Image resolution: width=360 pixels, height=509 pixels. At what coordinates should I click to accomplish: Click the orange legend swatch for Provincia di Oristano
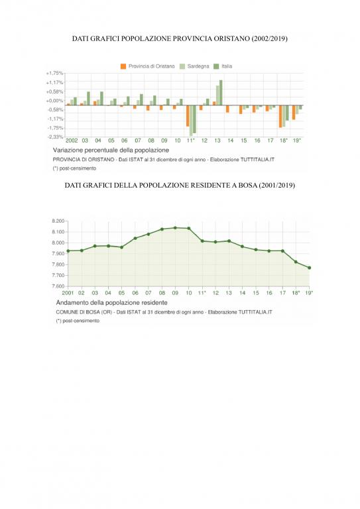[x=123, y=66]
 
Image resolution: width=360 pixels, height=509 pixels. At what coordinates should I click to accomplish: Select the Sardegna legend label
[x=198, y=66]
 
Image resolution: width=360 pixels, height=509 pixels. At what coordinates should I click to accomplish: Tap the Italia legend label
[x=227, y=66]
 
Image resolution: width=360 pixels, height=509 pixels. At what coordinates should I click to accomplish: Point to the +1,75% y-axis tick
[x=54, y=73]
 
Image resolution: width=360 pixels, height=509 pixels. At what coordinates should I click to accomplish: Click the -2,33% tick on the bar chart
[x=55, y=137]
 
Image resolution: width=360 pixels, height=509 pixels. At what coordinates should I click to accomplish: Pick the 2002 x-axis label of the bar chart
[x=72, y=141]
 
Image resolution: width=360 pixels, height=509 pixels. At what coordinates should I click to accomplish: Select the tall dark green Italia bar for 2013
[x=221, y=93]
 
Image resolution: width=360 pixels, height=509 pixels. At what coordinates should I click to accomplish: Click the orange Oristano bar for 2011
[x=188, y=116]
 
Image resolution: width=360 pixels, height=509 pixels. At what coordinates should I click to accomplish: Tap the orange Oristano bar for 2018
[x=280, y=117]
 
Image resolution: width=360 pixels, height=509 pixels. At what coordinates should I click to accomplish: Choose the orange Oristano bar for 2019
[x=294, y=113]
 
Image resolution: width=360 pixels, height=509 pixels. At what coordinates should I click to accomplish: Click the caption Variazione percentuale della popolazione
[x=111, y=150]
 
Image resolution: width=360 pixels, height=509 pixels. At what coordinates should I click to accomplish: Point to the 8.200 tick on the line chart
[x=58, y=221]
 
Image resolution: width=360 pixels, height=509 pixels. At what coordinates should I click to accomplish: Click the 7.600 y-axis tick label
[x=58, y=286]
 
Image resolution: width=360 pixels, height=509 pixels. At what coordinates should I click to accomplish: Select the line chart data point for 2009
[x=175, y=228]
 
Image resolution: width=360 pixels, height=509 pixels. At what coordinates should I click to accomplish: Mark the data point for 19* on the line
[x=310, y=268]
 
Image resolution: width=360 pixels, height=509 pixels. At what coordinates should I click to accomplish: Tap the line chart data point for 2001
[x=68, y=251]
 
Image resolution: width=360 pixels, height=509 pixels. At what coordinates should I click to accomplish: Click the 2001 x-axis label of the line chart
[x=68, y=293]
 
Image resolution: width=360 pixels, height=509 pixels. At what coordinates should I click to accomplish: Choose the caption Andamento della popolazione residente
[x=112, y=302]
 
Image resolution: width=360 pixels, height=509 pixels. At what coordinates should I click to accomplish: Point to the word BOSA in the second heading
[x=247, y=186]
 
